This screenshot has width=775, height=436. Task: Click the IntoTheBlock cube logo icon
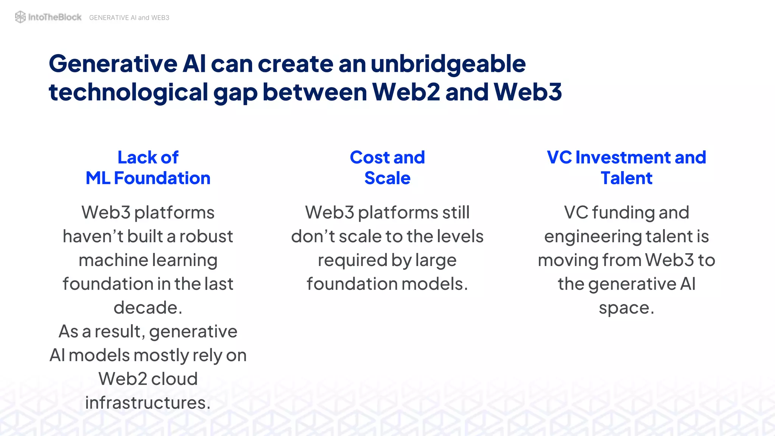tap(20, 17)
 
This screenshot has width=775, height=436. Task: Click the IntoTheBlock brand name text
tap(54, 17)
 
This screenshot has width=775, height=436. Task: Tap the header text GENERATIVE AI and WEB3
tap(129, 18)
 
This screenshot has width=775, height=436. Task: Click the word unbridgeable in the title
tap(448, 64)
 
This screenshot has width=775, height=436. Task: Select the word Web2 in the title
tap(406, 92)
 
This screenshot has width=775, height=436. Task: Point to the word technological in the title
tap(128, 93)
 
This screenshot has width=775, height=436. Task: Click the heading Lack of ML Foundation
tap(148, 168)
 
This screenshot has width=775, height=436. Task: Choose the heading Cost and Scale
tap(387, 168)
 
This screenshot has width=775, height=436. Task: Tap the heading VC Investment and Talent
tap(626, 168)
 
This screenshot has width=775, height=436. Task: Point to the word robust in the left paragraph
tap(206, 237)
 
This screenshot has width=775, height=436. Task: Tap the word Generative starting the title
tap(113, 64)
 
